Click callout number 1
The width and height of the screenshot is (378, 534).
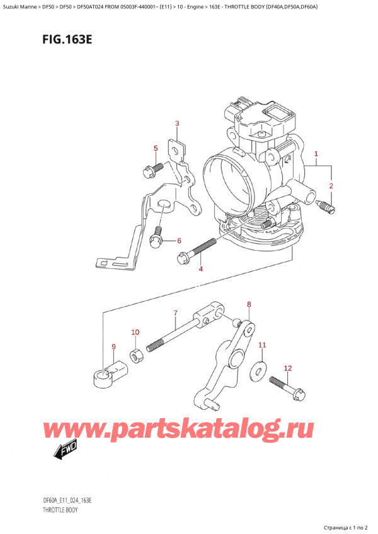point(316,154)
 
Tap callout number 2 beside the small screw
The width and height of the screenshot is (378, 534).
point(331,186)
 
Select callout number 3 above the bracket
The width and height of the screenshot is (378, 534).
point(177,123)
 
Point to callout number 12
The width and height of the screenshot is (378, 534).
point(288,368)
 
